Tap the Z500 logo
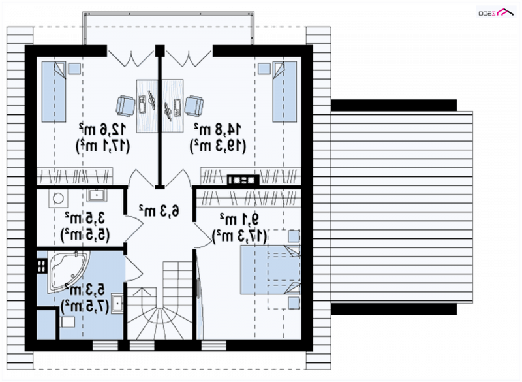[x=496, y=12]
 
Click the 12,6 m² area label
[x=102, y=129]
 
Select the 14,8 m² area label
[x=218, y=129]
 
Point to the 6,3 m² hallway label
[x=159, y=210]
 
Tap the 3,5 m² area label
[x=85, y=218]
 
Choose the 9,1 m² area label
[x=239, y=219]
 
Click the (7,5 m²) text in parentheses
[x=85, y=306]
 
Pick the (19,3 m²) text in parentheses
[x=218, y=146]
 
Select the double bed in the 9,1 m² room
[x=270, y=270]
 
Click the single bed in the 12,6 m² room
[x=54, y=91]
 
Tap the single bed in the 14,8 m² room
[x=284, y=91]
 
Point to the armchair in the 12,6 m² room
[x=125, y=106]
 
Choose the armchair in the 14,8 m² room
[x=194, y=106]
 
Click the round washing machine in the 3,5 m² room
[x=58, y=199]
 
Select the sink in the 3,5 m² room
[x=97, y=195]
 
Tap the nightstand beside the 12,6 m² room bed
[x=74, y=69]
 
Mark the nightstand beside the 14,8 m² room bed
[x=264, y=69]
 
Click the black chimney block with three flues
[x=243, y=180]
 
